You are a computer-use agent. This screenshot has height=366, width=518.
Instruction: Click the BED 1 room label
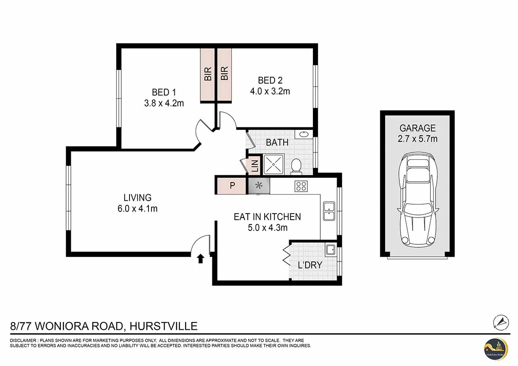coord(164,92)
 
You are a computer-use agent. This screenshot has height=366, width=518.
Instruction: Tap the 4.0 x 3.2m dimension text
coord(270,91)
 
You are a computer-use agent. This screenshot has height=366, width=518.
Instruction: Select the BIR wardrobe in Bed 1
coord(208,74)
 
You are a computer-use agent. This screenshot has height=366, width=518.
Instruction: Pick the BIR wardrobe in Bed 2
coord(224,74)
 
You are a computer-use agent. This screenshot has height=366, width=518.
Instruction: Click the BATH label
coord(277,142)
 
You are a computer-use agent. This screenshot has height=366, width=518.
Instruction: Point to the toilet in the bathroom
coord(296,165)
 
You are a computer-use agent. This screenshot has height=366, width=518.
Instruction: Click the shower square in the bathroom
coord(273,164)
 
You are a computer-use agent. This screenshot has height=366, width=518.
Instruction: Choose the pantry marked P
coord(232,186)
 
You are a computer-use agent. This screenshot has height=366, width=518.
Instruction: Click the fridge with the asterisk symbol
coord(259,186)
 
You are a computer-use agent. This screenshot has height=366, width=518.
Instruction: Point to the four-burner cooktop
coord(301,186)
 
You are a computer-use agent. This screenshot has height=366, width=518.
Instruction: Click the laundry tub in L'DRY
coord(331,249)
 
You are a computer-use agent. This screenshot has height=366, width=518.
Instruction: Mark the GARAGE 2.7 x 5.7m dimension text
coord(417,139)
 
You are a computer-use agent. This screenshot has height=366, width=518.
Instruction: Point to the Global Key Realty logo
coord(495,348)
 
